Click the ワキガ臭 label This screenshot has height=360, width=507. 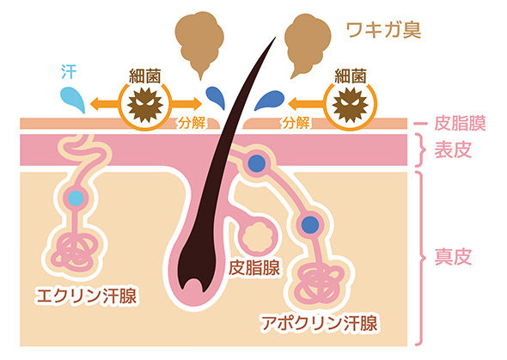click(383, 30)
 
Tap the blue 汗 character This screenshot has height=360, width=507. click(69, 71)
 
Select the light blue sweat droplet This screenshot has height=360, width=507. click(73, 99)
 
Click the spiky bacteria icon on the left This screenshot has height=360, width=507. click(145, 105)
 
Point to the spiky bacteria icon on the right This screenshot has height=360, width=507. click(351, 105)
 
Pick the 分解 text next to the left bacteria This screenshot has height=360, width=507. click(192, 123)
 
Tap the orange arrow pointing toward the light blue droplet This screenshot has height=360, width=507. click(105, 104)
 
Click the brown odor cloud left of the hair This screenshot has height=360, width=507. click(199, 40)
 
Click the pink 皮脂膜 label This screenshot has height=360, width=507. click(460, 123)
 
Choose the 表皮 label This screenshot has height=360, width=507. click(453, 149)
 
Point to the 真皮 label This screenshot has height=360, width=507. click(453, 257)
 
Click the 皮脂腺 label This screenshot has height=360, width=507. click(254, 267)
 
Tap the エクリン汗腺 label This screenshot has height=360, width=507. click(87, 296)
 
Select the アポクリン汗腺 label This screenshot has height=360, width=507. click(320, 322)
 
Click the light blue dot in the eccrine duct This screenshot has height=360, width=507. click(76, 198)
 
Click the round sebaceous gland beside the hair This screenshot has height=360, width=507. click(258, 236)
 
